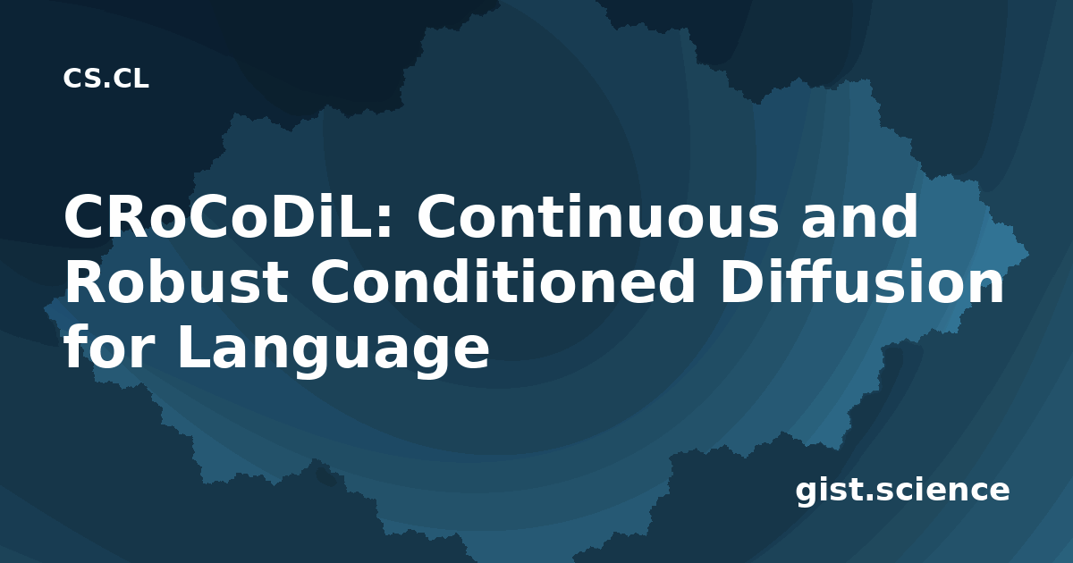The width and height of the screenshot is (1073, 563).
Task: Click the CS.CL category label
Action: coord(106,79)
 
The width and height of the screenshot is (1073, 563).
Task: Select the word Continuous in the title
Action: coord(598,216)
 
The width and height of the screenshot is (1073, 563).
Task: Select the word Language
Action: coord(334,351)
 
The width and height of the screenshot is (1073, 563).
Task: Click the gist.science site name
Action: coord(902,491)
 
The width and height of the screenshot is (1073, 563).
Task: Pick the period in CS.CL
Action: coord(106,86)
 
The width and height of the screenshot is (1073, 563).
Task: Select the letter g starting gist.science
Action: coord(806,494)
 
